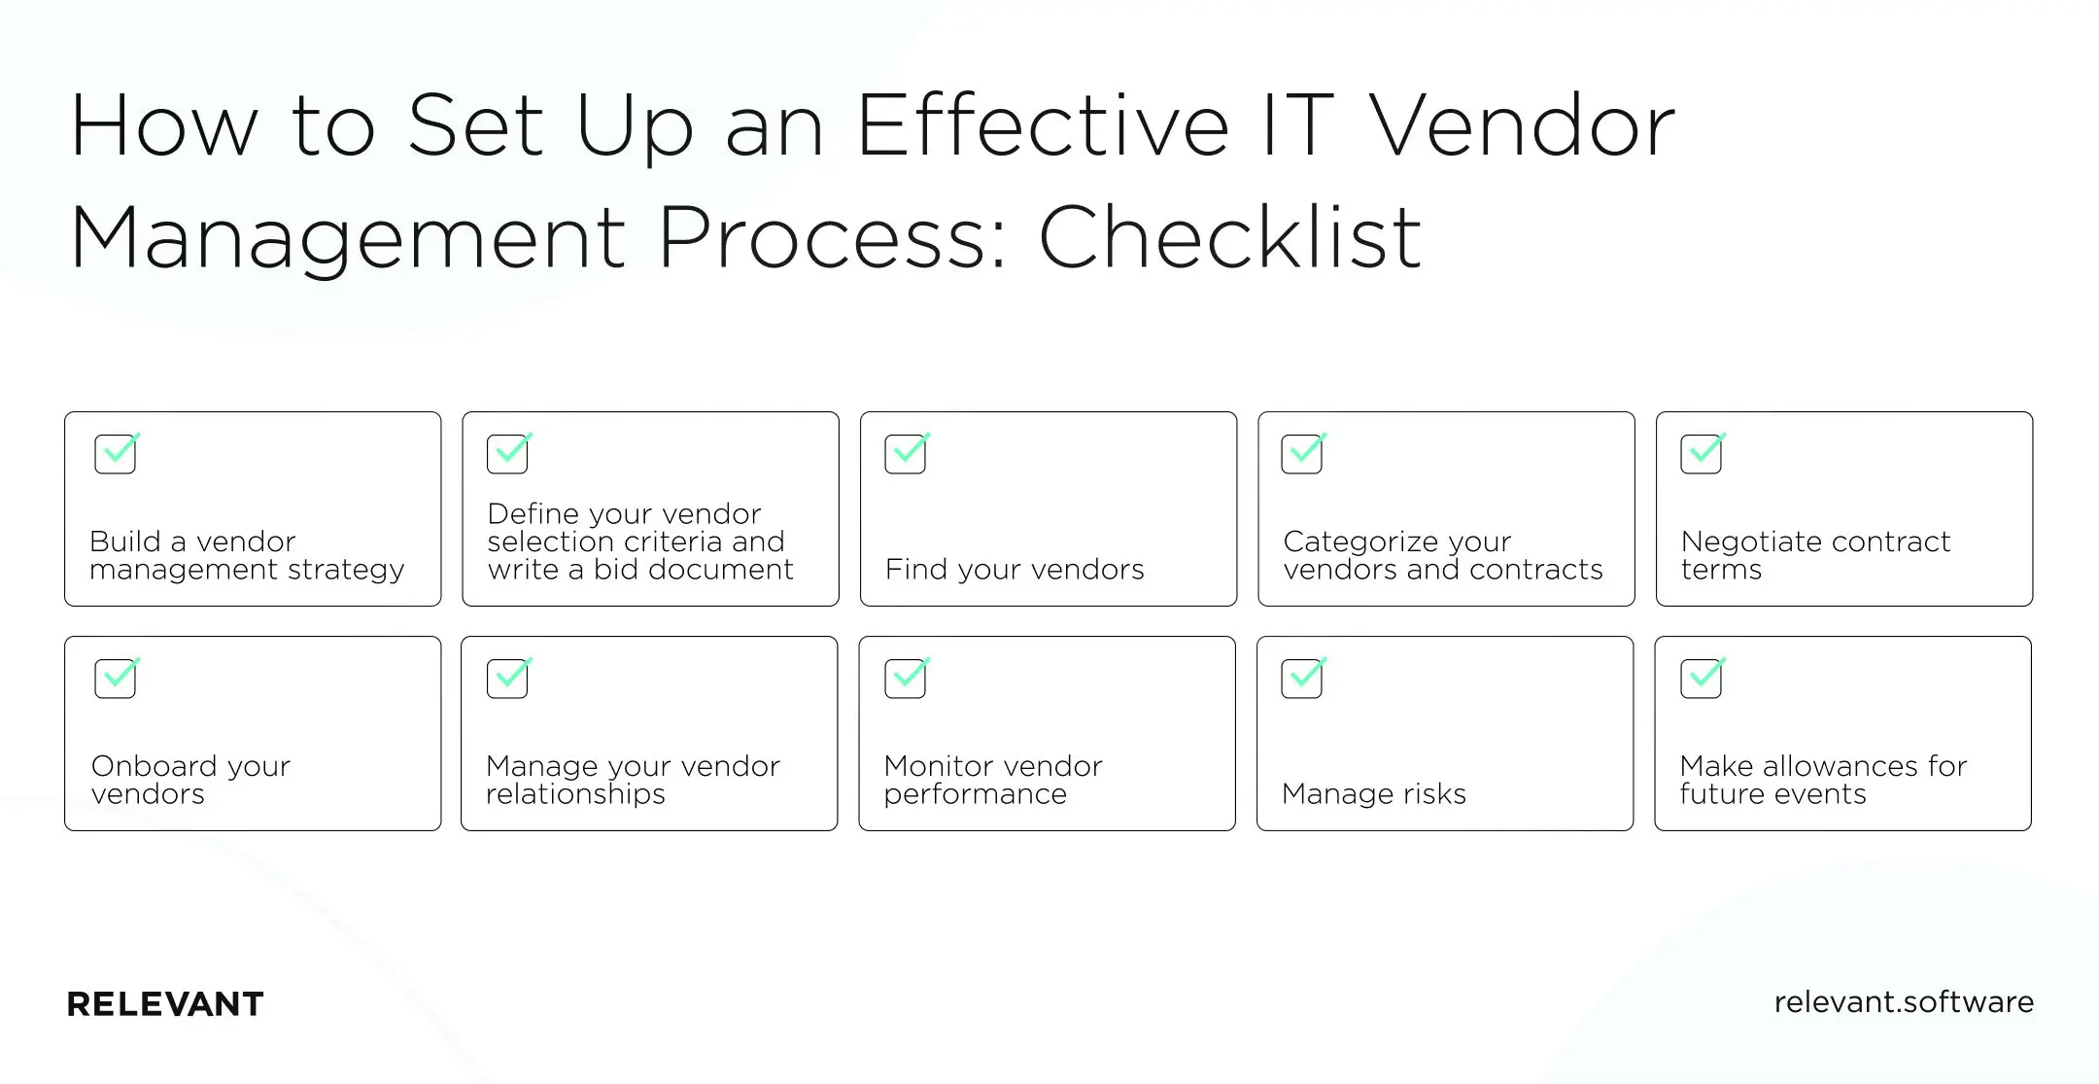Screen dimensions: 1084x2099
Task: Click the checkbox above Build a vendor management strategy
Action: [x=116, y=454]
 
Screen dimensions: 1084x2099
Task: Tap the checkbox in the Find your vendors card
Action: [x=906, y=454]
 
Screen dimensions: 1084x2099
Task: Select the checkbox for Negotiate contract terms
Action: [x=1701, y=454]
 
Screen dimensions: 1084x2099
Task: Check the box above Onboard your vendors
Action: [x=116, y=679]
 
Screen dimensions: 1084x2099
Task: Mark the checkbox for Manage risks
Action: [x=1302, y=679]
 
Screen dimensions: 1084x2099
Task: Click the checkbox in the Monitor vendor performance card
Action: [x=906, y=679]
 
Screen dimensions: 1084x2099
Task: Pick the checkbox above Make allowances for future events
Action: [x=1701, y=679]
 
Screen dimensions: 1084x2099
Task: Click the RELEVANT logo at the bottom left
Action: [x=165, y=1004]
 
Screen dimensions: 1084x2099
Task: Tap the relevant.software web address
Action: [x=1903, y=1002]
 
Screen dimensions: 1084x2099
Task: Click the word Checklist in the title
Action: [x=1230, y=237]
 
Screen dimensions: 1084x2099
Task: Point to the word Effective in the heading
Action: [x=1043, y=125]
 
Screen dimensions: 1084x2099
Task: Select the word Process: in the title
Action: [x=835, y=237]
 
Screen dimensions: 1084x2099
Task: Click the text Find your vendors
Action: [x=1015, y=570]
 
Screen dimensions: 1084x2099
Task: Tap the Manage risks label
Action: [x=1373, y=794]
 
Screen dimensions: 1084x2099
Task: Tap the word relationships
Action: [x=575, y=794]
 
